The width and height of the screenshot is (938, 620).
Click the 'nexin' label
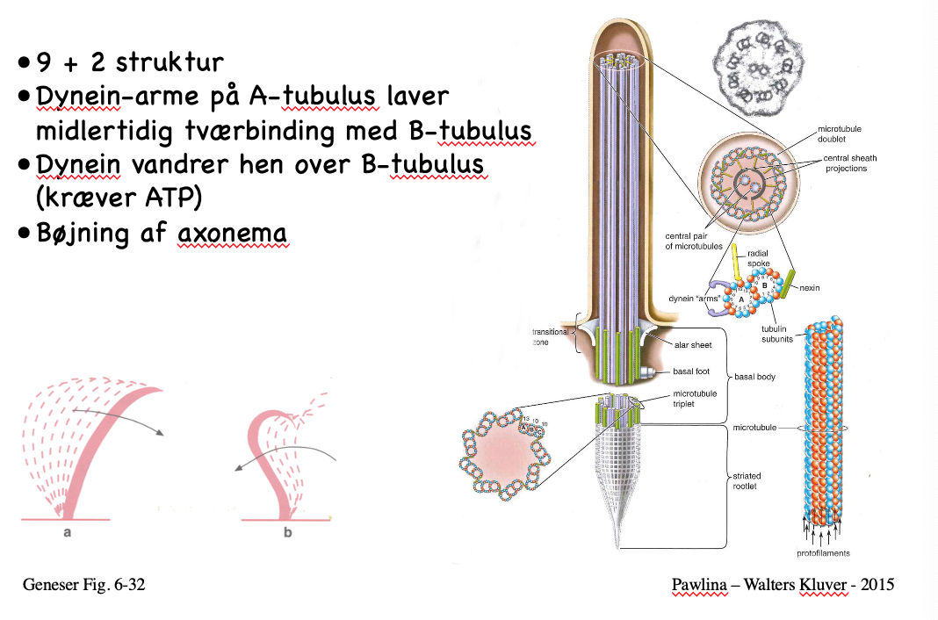[810, 288]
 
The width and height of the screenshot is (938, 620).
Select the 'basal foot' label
[690, 371]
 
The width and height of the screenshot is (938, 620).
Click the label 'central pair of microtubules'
[689, 241]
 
